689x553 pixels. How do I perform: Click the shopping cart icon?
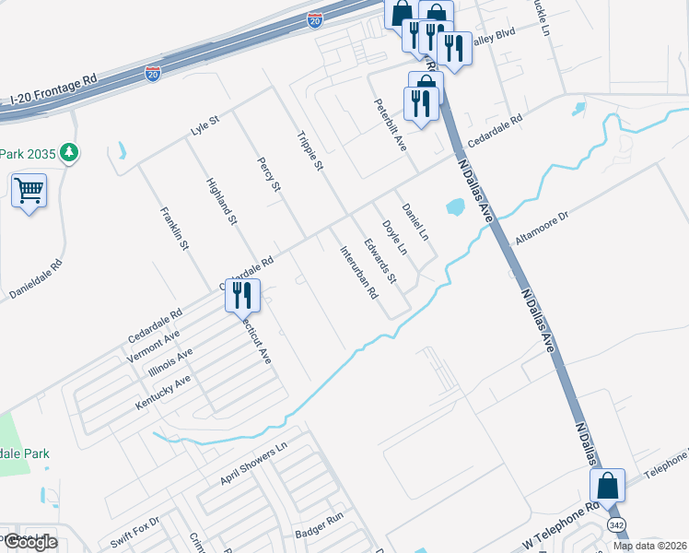point(29,192)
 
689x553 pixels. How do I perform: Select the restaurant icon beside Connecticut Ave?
point(242,296)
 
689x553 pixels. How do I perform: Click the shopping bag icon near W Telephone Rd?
point(608,486)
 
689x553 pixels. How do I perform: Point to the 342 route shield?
point(616,524)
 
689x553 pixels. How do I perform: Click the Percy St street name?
point(269,174)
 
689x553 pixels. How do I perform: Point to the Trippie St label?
point(310,152)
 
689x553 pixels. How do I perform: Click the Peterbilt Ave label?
point(389,125)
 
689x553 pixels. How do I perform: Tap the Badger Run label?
point(319,533)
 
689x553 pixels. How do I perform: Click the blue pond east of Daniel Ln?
point(455,208)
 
